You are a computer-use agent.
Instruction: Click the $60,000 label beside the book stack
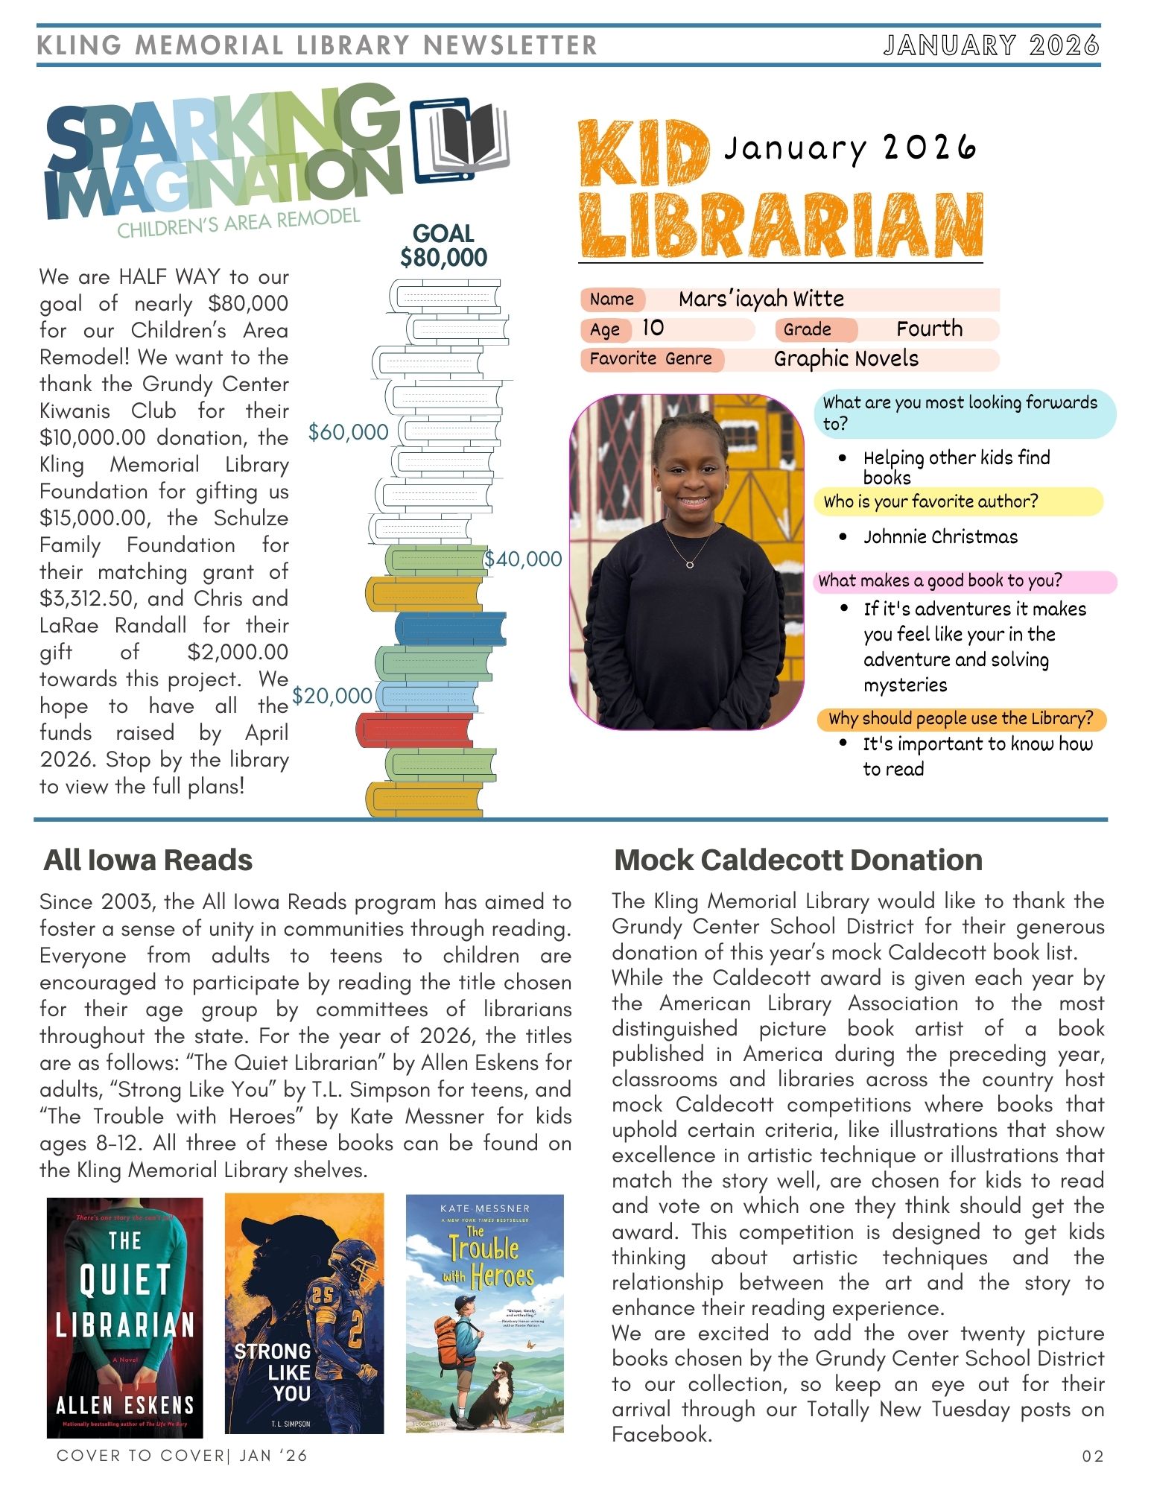click(x=349, y=432)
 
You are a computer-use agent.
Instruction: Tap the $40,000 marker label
click(x=523, y=559)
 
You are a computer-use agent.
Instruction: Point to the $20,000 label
click(x=332, y=696)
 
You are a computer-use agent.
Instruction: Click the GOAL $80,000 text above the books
click(x=443, y=246)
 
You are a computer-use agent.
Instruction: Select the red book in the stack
click(x=415, y=730)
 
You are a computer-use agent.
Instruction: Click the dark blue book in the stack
click(x=450, y=628)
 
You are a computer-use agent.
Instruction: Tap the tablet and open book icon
click(x=459, y=139)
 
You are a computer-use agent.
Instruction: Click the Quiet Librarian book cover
click(x=125, y=1316)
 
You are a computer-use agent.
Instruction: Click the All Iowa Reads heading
click(x=148, y=860)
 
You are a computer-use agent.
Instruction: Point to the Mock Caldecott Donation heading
click(x=798, y=860)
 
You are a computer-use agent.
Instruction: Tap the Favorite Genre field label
click(x=650, y=359)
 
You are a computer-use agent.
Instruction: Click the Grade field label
click(x=807, y=329)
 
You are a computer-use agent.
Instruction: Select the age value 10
click(x=653, y=328)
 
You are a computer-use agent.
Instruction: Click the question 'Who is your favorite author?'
click(x=930, y=501)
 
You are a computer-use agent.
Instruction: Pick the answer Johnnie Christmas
click(x=940, y=536)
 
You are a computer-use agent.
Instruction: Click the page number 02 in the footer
click(x=1092, y=1456)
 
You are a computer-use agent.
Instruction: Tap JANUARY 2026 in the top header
click(x=992, y=45)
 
